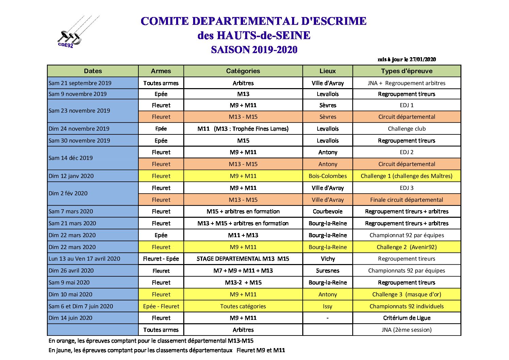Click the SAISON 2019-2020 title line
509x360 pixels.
coord(254,50)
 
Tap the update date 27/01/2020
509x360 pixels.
coord(407,60)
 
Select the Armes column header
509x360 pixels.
coord(161,71)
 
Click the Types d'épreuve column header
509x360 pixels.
coord(407,71)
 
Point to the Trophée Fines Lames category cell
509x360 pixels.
coord(243,129)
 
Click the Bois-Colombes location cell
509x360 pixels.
coord(327,176)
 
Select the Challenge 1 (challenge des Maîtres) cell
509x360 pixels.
coord(407,176)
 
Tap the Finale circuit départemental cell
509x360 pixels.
coord(407,200)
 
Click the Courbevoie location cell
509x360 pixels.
coord(327,211)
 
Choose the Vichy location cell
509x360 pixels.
coord(327,259)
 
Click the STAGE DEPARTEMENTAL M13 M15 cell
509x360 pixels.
coord(243,259)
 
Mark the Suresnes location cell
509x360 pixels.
coord(327,271)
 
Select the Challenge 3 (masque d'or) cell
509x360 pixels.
coord(407,294)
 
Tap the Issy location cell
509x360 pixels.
coord(327,306)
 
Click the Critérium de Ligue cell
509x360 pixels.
coord(407,318)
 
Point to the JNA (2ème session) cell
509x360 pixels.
coord(407,330)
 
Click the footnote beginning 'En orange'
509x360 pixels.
coord(151,341)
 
